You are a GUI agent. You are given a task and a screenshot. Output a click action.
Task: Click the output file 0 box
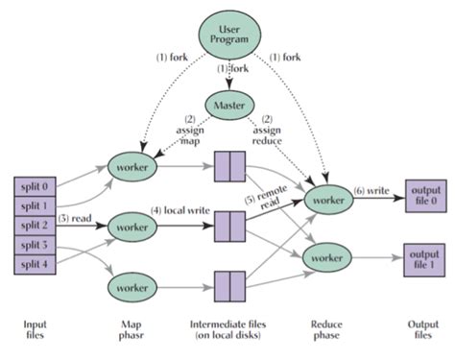[423, 194]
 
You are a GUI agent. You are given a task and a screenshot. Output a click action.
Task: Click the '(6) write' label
[372, 191]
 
